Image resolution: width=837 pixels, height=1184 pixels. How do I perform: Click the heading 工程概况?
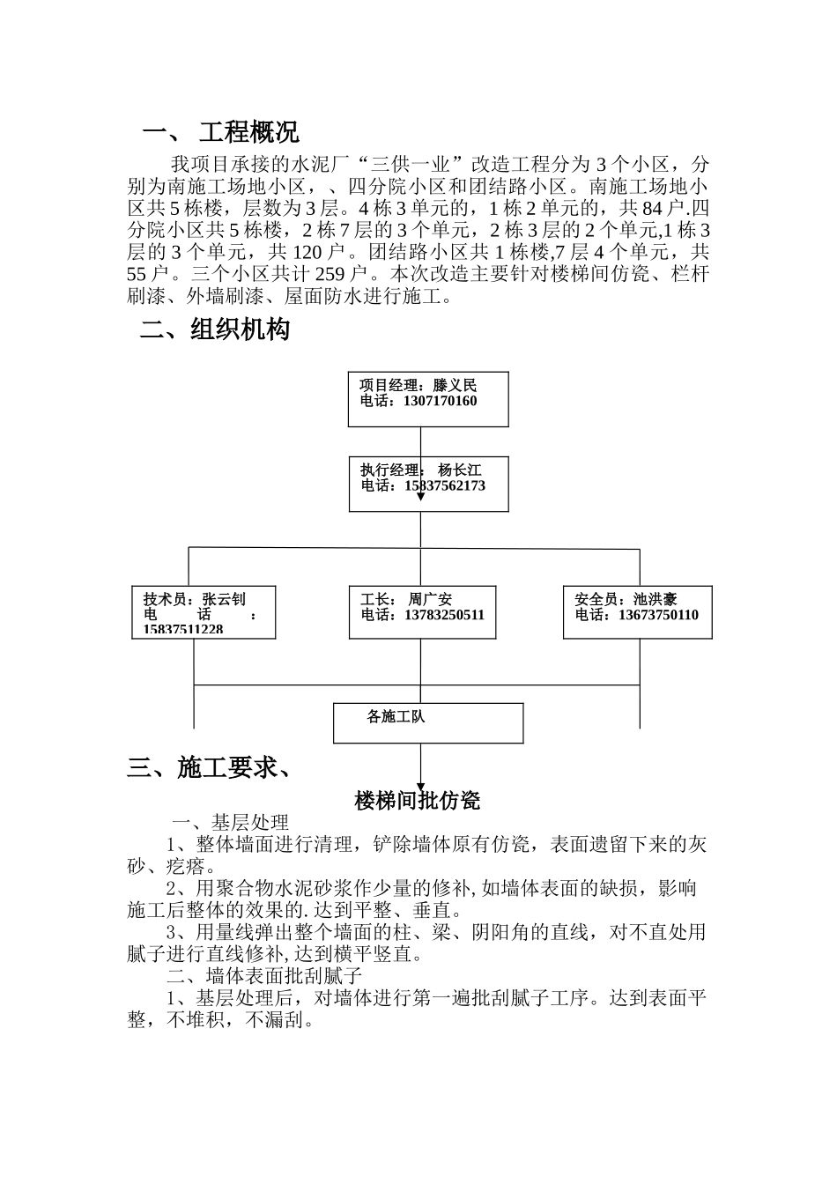(248, 133)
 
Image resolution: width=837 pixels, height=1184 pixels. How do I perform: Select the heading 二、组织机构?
(215, 330)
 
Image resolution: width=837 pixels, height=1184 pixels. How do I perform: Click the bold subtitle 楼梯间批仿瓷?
(418, 801)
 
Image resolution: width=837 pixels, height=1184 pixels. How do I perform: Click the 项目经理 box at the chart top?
(428, 399)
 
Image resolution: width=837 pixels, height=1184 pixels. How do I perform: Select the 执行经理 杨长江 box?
(428, 484)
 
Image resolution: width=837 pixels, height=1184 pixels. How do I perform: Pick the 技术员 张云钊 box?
(204, 611)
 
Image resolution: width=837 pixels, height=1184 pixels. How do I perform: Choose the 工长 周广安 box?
(422, 611)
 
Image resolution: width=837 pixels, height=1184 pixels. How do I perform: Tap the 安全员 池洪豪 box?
(637, 611)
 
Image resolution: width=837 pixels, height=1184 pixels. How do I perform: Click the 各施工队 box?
(428, 722)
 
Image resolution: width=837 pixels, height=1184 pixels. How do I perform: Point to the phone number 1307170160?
(440, 402)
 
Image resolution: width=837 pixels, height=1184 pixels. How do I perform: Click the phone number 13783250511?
(444, 616)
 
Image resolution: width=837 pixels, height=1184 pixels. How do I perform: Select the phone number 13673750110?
(658, 616)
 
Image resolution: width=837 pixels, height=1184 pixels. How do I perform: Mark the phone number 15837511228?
(183, 630)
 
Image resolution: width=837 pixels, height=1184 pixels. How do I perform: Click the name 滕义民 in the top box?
(455, 386)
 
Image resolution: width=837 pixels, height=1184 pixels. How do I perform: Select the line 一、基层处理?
(229, 823)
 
